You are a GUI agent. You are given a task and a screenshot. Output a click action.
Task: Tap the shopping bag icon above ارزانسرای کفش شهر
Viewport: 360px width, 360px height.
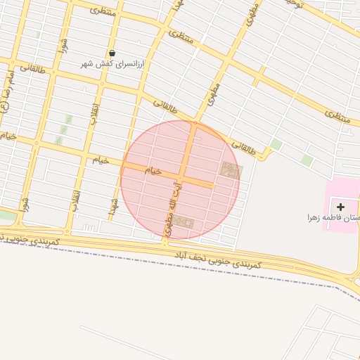coord(112,53)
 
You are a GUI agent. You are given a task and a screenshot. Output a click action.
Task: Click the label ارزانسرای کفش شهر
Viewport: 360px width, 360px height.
coord(113,64)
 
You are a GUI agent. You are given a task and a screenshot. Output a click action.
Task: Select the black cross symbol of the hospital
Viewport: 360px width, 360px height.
coord(341,207)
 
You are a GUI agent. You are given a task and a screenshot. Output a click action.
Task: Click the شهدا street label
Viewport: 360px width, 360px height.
coord(112,206)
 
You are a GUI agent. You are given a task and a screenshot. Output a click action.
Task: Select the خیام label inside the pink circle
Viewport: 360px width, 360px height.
coord(153,171)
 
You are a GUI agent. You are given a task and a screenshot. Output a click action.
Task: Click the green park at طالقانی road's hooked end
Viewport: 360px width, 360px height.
coord(276,145)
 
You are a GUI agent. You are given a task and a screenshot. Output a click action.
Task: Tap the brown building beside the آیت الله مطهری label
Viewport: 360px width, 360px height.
coord(184,222)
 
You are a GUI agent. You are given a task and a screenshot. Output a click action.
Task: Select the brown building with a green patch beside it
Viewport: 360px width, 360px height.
coord(229,169)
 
